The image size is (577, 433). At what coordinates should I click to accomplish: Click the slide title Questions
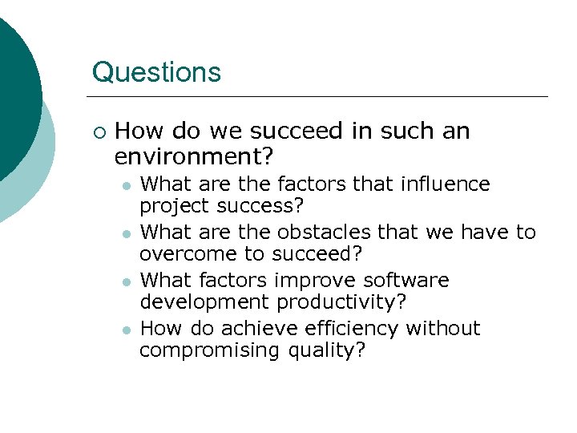click(x=156, y=72)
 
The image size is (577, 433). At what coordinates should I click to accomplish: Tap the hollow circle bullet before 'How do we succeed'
click(x=99, y=131)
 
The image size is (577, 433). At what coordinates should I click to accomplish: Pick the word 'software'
click(x=406, y=281)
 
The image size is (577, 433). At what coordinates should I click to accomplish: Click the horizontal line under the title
click(x=321, y=97)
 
